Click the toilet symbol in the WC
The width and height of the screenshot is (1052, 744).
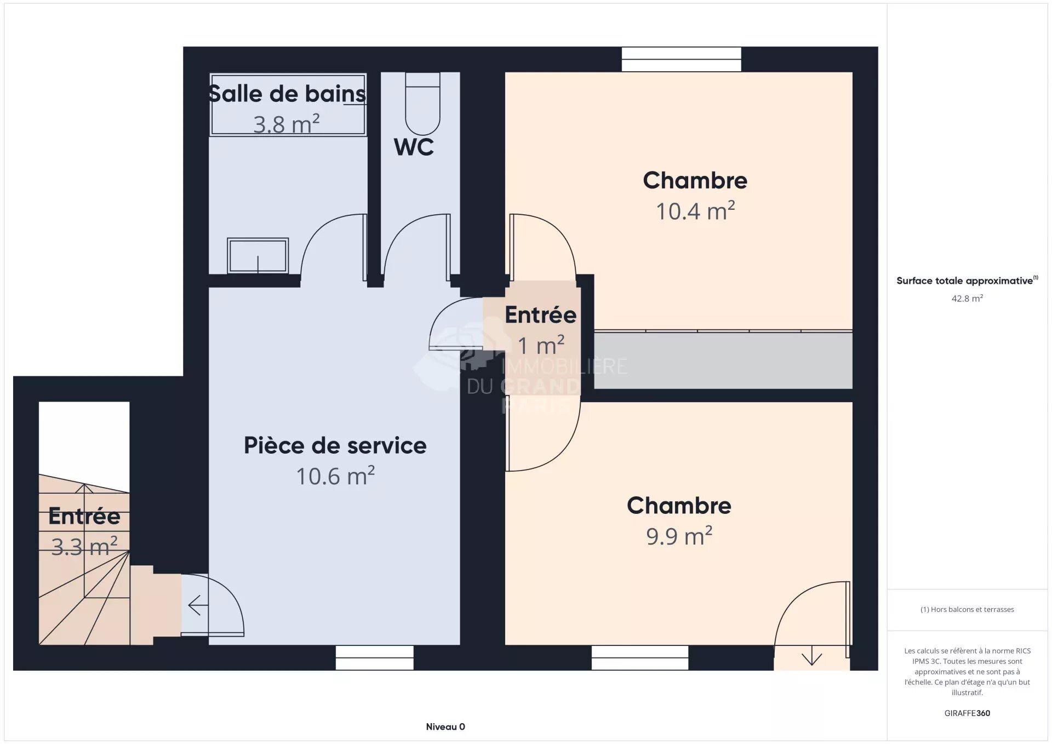(422, 107)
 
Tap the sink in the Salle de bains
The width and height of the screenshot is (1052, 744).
(258, 255)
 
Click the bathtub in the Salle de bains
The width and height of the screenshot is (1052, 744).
(288, 104)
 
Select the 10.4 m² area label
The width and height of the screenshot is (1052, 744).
(695, 211)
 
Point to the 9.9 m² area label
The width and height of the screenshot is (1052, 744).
(679, 536)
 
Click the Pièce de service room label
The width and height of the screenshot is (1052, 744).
(335, 445)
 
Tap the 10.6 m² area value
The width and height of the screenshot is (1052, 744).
(335, 476)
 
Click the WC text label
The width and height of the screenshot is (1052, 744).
(414, 147)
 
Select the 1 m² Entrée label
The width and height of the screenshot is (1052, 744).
(540, 345)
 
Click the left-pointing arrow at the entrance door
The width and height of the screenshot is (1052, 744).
(198, 605)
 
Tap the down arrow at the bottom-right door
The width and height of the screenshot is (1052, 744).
(811, 657)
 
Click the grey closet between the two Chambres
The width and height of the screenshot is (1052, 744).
(723, 360)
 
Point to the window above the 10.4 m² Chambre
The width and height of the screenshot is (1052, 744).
(681, 59)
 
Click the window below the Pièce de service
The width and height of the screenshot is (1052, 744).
(374, 657)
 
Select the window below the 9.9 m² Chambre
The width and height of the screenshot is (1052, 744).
(639, 657)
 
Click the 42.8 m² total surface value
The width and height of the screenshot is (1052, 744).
(967, 299)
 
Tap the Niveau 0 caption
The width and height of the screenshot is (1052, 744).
(445, 726)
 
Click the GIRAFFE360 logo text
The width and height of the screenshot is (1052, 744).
(967, 713)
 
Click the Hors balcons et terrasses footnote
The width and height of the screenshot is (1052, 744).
(967, 609)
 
